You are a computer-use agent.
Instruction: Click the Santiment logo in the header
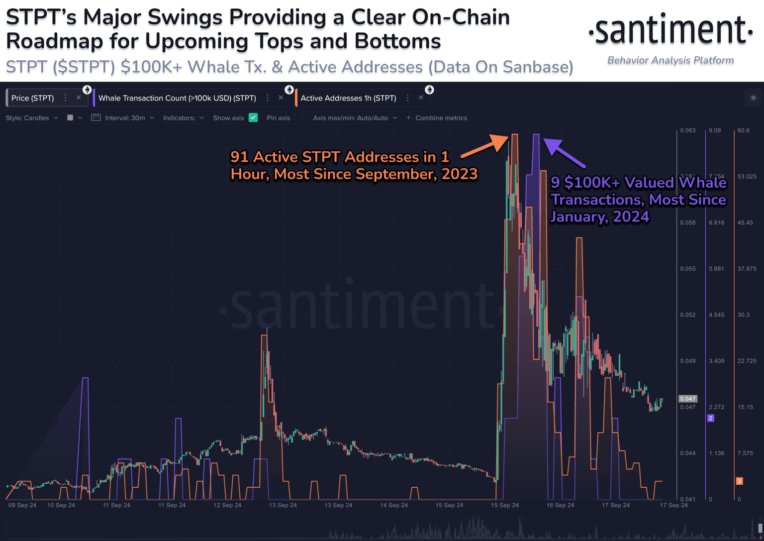point(670,31)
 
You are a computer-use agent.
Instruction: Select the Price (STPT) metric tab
point(33,98)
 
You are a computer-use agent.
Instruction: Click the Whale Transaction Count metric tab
point(177,98)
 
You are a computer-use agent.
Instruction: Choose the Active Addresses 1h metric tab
point(348,98)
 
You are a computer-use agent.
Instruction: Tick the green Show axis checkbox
point(253,118)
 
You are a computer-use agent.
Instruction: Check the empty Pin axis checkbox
point(299,118)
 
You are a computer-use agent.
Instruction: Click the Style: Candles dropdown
point(32,118)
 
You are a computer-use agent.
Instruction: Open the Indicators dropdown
point(183,118)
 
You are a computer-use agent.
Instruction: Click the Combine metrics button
point(437,118)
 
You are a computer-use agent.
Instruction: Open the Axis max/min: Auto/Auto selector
point(355,118)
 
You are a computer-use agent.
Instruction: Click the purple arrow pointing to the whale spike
point(564,153)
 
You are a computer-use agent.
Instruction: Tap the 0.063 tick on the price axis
point(688,130)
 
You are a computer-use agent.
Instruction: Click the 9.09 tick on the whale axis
point(715,130)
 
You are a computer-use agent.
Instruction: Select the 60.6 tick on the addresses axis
point(743,130)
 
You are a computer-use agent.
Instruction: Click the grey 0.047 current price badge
point(688,399)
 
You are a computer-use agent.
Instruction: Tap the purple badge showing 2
point(711,418)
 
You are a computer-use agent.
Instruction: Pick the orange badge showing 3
point(739,481)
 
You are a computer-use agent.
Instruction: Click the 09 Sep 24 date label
point(22,505)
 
